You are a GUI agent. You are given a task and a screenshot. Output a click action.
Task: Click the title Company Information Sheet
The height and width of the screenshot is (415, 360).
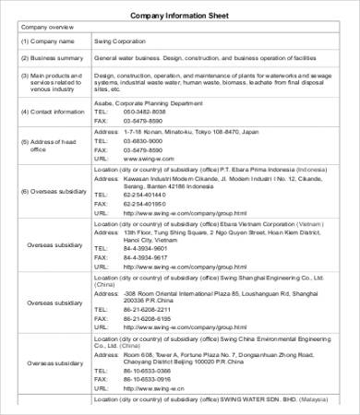(179, 16)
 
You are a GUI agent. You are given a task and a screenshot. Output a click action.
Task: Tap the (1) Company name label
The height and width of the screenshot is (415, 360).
(48, 42)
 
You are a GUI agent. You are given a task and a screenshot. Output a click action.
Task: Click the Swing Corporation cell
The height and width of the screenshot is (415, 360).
(119, 42)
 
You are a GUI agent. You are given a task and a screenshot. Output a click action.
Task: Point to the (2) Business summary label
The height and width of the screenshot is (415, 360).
(53, 58)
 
